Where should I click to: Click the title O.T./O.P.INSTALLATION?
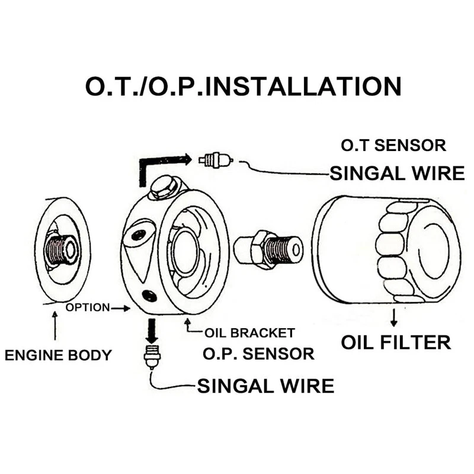click(x=244, y=86)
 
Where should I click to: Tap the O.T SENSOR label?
click(x=393, y=145)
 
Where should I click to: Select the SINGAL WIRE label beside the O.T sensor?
click(x=397, y=174)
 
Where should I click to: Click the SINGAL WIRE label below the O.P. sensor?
click(x=265, y=386)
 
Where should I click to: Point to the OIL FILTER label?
click(x=396, y=342)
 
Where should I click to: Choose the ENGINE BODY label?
click(x=58, y=355)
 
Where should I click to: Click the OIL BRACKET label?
click(x=249, y=333)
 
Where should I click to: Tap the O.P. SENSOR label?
click(x=258, y=354)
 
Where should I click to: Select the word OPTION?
click(x=88, y=308)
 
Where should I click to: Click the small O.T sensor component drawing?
click(x=216, y=160)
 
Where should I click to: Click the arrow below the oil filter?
click(x=393, y=318)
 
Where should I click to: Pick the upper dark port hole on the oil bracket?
click(x=139, y=234)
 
